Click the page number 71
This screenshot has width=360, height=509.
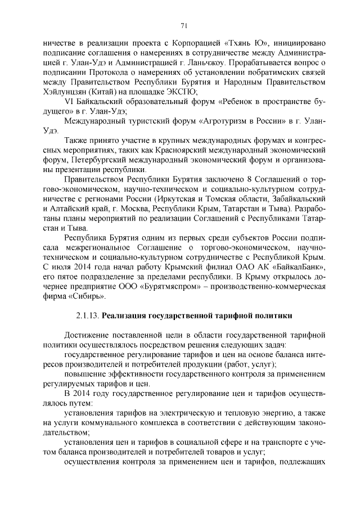[x=183, y=25]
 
